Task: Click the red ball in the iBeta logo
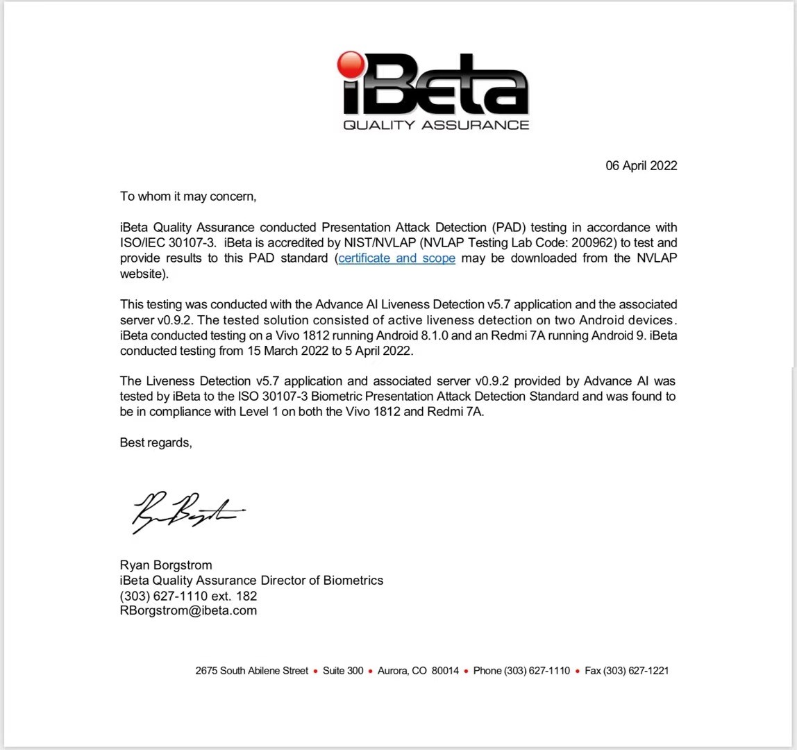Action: [351, 65]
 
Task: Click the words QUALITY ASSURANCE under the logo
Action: [436, 125]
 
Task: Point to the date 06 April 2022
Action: [641, 166]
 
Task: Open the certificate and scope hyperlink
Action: [396, 258]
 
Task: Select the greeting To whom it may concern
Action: [188, 197]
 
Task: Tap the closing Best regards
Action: [156, 442]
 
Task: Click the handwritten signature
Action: [185, 512]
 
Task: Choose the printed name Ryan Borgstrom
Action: [166, 565]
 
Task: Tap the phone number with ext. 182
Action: [188, 596]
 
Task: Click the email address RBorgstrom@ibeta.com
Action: [188, 611]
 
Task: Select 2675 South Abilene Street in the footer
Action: [251, 671]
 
